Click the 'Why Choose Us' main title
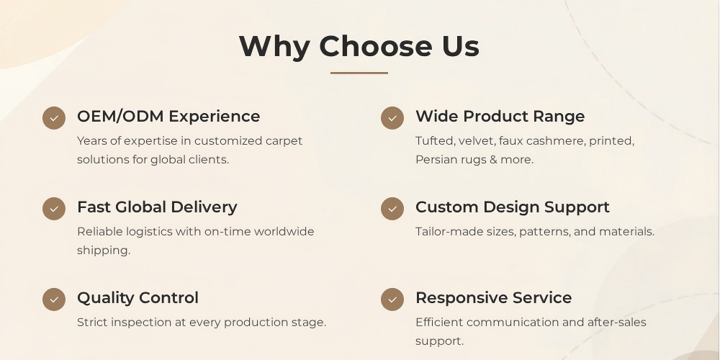[359, 47]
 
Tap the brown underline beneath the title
[359, 73]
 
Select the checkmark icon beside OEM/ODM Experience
[54, 118]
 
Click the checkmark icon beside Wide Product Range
[392, 118]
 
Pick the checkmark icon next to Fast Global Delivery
[54, 209]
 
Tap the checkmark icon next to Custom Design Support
[392, 209]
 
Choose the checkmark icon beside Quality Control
[54, 300]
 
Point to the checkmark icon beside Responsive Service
[392, 300]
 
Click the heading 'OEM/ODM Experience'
[168, 117]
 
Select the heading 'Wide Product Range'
[500, 117]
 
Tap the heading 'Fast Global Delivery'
[157, 207]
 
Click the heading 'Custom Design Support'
[513, 207]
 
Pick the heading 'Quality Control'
[138, 298]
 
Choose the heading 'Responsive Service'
[494, 298]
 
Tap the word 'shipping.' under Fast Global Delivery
[104, 251]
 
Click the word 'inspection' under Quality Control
[141, 323]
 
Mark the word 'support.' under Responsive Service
[440, 341]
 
